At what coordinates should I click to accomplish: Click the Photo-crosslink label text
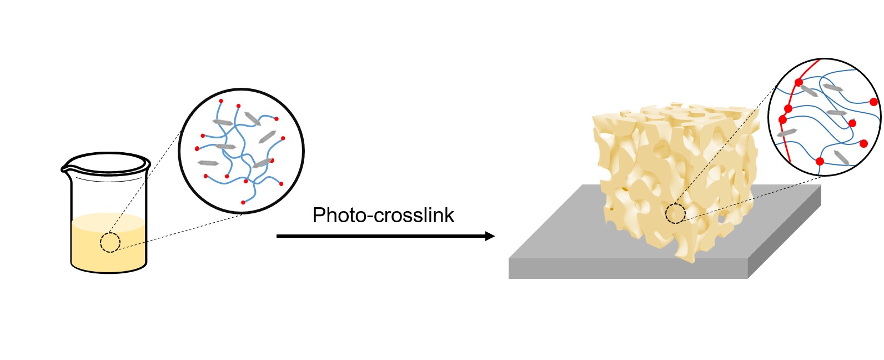pos(383,215)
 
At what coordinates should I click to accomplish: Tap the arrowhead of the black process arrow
pos(490,236)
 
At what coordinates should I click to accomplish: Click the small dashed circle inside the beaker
pos(110,243)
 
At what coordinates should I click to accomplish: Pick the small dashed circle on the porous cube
pos(675,213)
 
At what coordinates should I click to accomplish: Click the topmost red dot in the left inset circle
pos(221,101)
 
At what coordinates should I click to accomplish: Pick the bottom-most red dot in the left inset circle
pos(243,202)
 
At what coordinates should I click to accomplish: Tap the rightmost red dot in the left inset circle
pos(283,138)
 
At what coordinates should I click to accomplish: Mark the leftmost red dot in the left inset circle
pos(197,148)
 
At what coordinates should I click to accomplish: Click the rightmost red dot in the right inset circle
pos(873,102)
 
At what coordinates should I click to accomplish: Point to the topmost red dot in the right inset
pos(798,83)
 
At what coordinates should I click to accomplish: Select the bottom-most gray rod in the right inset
pos(841,157)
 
